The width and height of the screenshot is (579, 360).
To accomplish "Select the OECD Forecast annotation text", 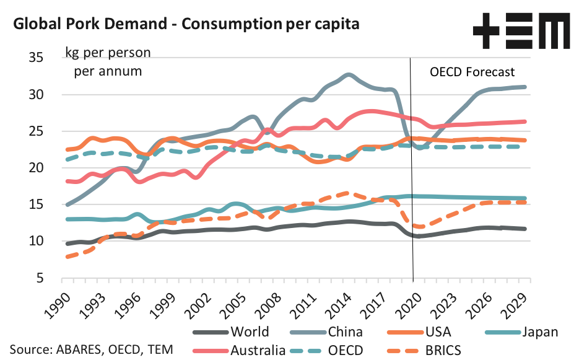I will coord(472,72).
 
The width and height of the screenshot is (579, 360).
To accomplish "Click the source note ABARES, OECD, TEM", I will coord(92,349).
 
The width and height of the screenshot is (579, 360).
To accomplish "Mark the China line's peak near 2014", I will coord(348,75).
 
